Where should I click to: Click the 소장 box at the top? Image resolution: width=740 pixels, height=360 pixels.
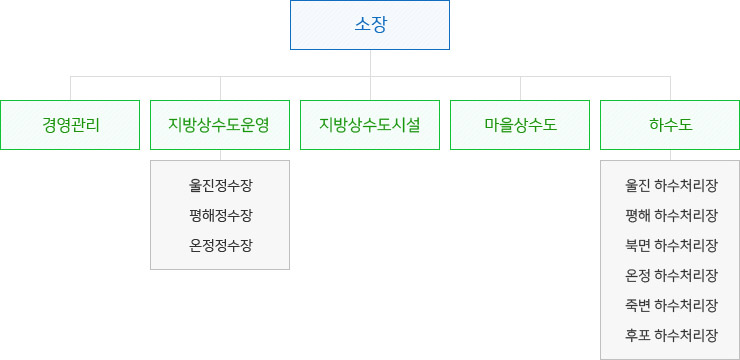(370, 25)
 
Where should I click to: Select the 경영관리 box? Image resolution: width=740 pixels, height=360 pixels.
(70, 125)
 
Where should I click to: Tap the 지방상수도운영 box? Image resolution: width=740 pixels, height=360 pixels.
(220, 125)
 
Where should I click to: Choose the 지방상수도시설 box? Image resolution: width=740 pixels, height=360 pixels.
(370, 125)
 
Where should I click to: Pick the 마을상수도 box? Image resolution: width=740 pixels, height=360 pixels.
(520, 125)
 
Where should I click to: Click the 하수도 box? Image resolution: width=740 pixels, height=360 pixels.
(670, 125)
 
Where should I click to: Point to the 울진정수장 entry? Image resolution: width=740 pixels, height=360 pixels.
(220, 185)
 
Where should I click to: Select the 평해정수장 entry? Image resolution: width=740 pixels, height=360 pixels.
(220, 215)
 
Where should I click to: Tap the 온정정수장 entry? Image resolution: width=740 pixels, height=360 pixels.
(220, 245)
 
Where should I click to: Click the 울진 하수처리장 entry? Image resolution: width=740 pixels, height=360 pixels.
(670, 185)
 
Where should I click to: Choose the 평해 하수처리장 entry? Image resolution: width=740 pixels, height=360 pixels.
(670, 215)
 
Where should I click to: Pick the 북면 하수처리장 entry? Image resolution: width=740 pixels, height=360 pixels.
(670, 245)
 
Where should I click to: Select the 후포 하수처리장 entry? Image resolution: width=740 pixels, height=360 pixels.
(670, 335)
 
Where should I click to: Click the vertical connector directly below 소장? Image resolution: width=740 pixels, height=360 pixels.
(370, 62)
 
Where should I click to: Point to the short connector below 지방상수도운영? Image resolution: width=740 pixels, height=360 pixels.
(220, 155)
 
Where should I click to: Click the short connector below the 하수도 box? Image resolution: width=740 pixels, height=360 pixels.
(670, 155)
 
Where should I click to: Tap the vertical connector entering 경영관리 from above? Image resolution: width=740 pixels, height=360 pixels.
(70, 88)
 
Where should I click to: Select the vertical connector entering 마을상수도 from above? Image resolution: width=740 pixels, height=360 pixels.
(520, 88)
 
